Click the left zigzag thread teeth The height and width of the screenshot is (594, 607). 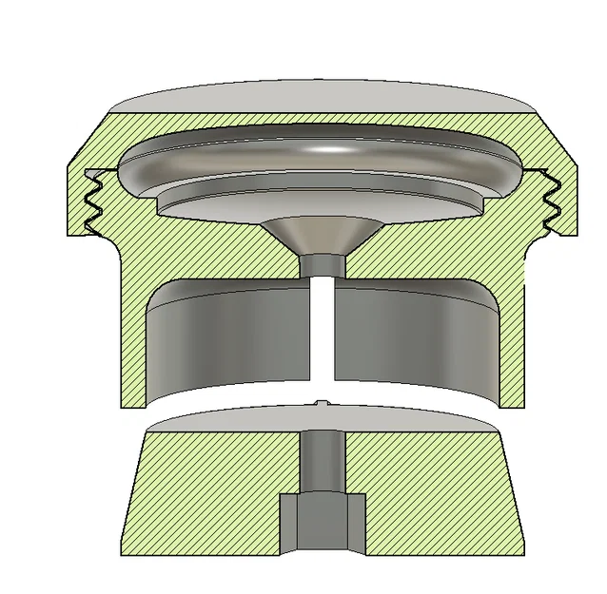95,201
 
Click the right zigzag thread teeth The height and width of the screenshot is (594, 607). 550,201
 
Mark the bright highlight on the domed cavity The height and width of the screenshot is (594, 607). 328,149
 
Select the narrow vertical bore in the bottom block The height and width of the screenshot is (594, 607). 321,461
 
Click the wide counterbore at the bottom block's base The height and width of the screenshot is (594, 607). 322,523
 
